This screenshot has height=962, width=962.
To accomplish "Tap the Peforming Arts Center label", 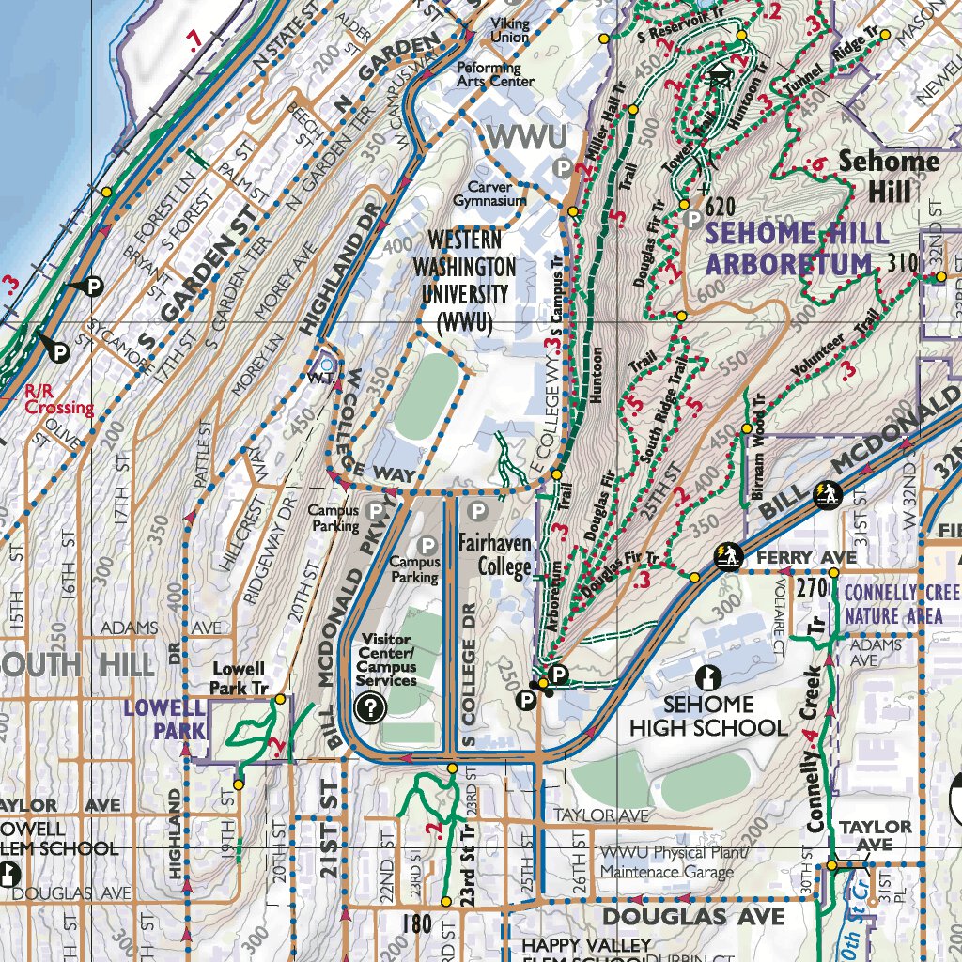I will click(x=495, y=74).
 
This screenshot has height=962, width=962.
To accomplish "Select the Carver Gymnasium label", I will click(x=489, y=194).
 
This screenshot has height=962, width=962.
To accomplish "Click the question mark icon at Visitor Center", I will click(x=371, y=707).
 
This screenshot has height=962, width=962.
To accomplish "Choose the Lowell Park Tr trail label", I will click(x=241, y=678).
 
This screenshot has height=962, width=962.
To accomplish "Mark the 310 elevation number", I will click(x=901, y=265).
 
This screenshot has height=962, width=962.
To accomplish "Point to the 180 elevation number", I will click(x=416, y=924).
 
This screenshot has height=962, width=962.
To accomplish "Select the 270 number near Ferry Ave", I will click(x=810, y=589).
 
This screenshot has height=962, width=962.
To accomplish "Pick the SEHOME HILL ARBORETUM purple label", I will click(x=796, y=248).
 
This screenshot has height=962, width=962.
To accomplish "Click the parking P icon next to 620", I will click(x=692, y=220).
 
